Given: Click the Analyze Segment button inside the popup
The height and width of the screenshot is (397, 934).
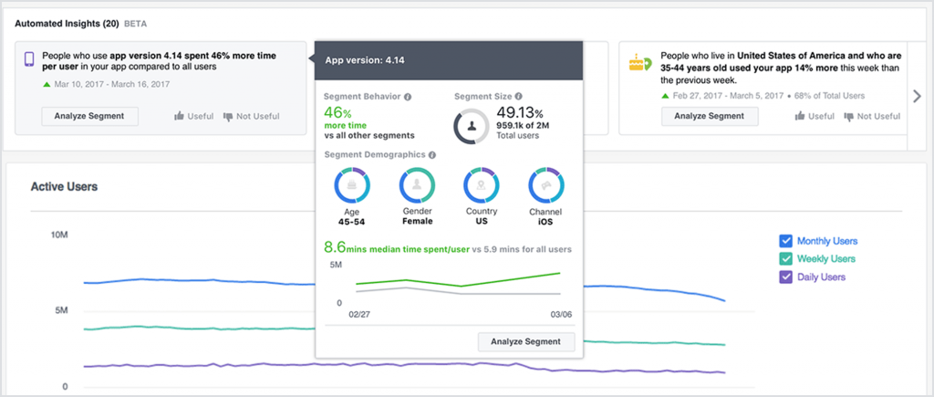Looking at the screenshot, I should point(526,341).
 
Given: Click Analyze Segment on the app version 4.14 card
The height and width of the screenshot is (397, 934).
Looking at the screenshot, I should point(89,116).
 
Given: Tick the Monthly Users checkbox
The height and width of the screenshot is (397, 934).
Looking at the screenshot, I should point(785,241).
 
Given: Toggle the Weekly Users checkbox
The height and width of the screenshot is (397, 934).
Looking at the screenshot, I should point(785,259).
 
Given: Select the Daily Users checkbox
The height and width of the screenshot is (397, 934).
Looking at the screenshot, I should point(785,277).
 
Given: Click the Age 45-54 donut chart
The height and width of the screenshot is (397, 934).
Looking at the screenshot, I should point(351,185).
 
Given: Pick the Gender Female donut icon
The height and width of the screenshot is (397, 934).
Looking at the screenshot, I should point(417,185).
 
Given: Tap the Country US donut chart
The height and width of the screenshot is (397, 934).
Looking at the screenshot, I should point(481,185).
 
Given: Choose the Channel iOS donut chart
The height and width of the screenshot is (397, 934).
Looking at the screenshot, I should point(545,185).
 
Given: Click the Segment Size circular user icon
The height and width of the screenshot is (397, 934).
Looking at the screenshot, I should point(472,126).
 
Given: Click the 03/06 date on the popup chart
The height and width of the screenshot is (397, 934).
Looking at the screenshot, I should point(560,313).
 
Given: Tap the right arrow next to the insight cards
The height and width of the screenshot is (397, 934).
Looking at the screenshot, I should point(917,96).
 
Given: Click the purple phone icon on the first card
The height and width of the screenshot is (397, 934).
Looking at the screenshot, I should point(28,60).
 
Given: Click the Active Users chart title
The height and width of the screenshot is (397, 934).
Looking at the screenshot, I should point(64,187).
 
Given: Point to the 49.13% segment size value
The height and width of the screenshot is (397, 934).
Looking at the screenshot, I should point(520,114).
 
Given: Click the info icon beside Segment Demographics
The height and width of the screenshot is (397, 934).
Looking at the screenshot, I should point(432,154).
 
